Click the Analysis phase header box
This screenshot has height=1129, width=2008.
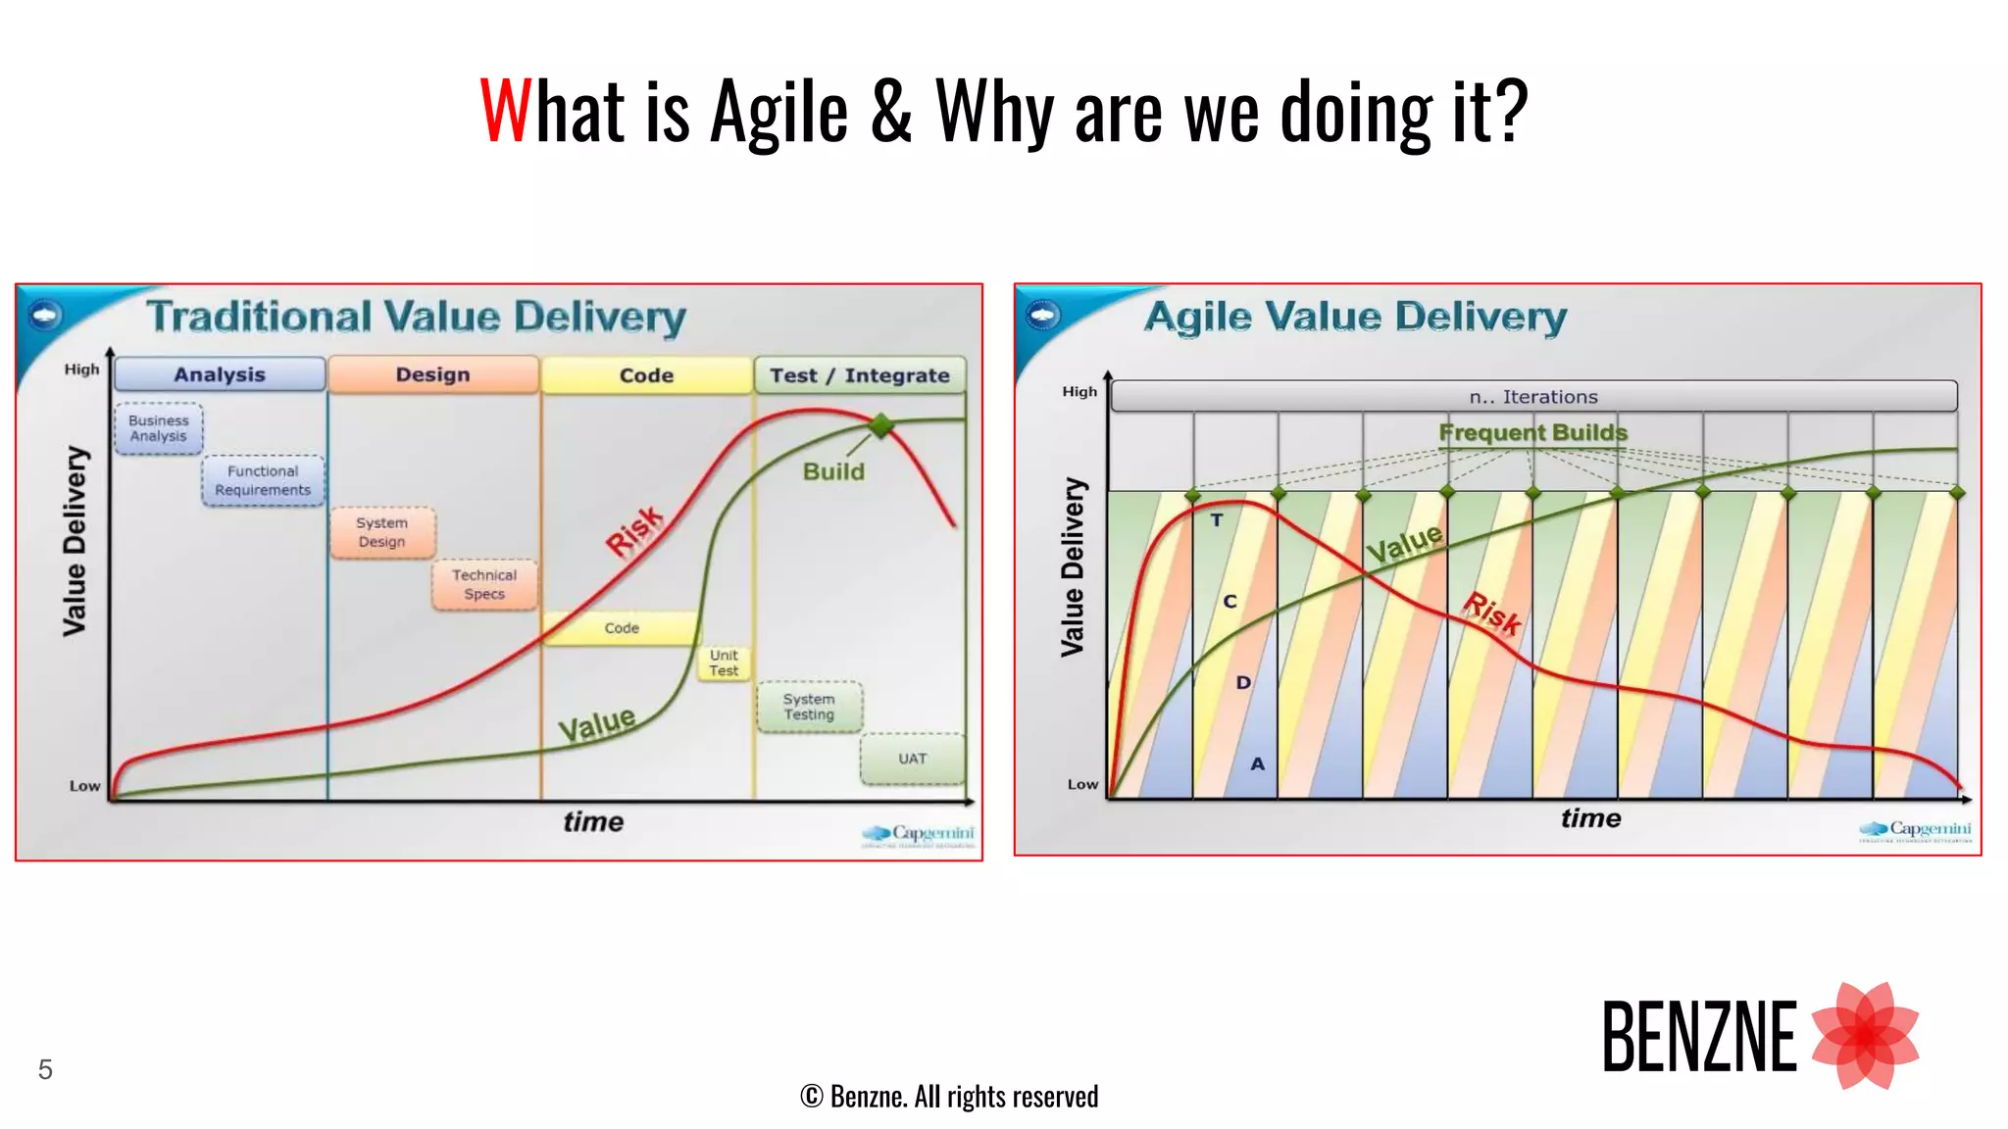pyautogui.click(x=220, y=374)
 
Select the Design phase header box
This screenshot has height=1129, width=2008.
pyautogui.click(x=432, y=374)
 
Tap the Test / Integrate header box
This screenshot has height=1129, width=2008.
pyautogui.click(x=859, y=375)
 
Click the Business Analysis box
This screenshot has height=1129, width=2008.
pyautogui.click(x=158, y=428)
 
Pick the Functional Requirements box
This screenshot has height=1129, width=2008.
pyautogui.click(x=263, y=480)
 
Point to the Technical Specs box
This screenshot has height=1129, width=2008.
pyautogui.click(x=484, y=584)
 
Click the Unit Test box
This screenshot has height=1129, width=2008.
pyautogui.click(x=724, y=663)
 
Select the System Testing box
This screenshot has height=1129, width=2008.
pyautogui.click(x=809, y=707)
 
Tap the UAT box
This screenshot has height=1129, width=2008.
pyautogui.click(x=912, y=759)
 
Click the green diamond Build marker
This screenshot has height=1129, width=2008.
pyautogui.click(x=881, y=424)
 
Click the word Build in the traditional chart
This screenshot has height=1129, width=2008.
pyautogui.click(x=833, y=471)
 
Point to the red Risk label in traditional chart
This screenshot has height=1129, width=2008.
pyautogui.click(x=634, y=530)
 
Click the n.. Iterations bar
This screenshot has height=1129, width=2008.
pyautogui.click(x=1533, y=397)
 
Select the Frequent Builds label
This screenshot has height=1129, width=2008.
pyautogui.click(x=1532, y=432)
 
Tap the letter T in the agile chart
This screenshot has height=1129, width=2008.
pyautogui.click(x=1216, y=520)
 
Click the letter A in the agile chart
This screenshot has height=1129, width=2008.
pyautogui.click(x=1257, y=763)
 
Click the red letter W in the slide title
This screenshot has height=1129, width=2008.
pyautogui.click(x=504, y=111)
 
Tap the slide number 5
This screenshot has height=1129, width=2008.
pyautogui.click(x=45, y=1069)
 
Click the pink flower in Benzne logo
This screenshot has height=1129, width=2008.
pyautogui.click(x=1865, y=1036)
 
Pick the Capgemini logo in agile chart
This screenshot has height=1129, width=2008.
pyautogui.click(x=1915, y=831)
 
